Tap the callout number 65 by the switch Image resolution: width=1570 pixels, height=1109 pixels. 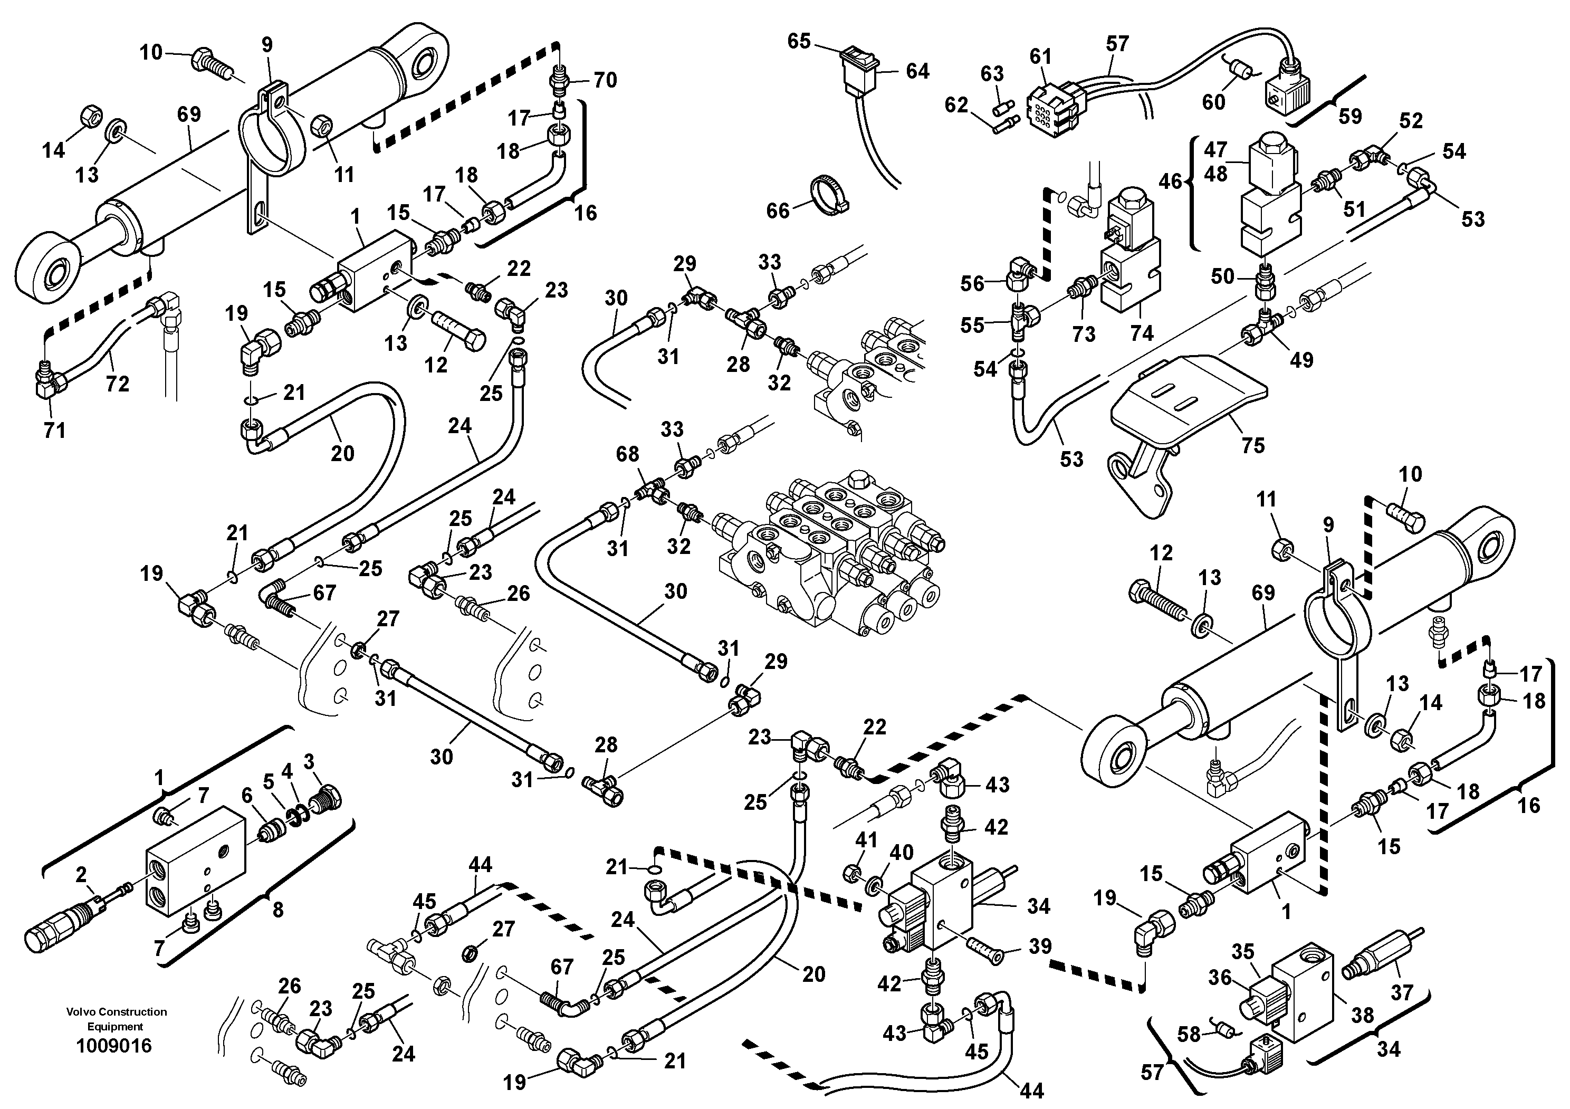(799, 42)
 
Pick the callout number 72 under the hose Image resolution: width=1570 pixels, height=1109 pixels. (117, 384)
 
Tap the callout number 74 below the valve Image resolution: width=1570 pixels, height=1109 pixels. (1141, 333)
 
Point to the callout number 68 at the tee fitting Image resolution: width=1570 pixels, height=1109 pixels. (627, 454)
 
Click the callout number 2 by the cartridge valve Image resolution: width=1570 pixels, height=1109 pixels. (81, 874)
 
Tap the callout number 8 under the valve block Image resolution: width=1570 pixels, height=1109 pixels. (277, 910)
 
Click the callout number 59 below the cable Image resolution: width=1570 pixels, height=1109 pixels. (1350, 116)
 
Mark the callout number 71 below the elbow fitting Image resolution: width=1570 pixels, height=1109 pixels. (54, 430)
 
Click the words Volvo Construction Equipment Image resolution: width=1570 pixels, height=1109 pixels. (116, 1019)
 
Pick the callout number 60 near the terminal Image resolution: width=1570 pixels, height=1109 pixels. (1214, 102)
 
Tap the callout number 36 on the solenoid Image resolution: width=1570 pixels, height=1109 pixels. (1219, 978)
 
